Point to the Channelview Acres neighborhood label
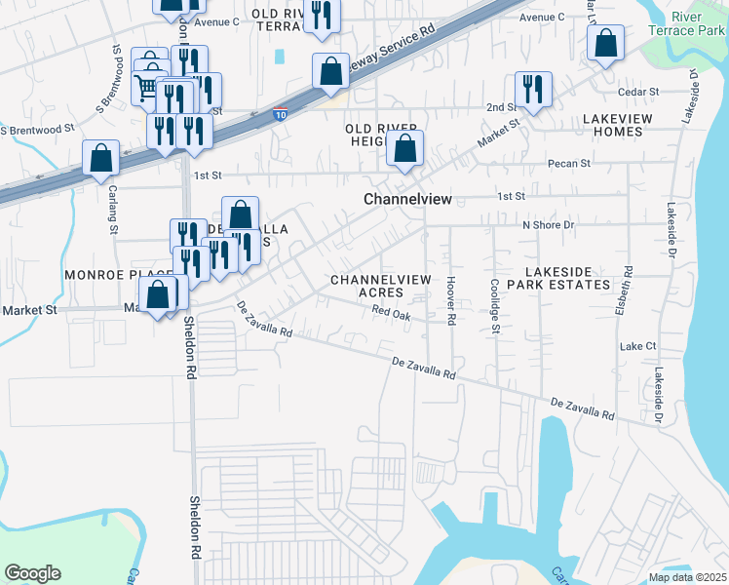point(380,286)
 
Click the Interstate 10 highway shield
point(280,114)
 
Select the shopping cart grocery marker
point(146,88)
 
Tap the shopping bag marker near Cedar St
point(605,43)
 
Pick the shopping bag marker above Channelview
point(405,148)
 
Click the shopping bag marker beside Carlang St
point(101,157)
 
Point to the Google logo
point(32,573)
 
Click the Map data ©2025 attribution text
point(686,577)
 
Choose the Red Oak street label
point(392,313)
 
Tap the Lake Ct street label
point(637,346)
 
